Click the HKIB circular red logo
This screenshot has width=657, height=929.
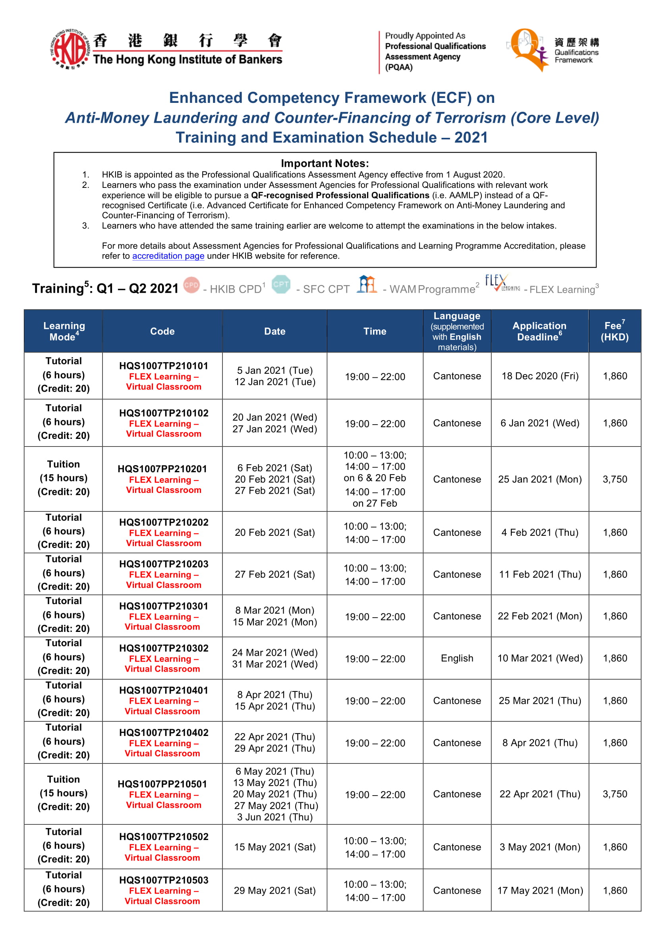69,48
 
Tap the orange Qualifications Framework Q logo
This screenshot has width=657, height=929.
527,48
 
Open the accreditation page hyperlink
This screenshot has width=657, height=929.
168,256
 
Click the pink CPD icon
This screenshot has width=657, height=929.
191,285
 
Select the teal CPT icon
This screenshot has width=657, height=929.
281,284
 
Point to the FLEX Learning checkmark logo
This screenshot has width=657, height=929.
501,283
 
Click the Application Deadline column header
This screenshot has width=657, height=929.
539,331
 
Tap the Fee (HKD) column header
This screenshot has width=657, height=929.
614,331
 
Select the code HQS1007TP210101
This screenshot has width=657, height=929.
163,366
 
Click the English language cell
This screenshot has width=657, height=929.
457,658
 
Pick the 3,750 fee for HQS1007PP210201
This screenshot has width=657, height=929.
614,479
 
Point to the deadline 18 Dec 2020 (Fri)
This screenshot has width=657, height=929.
540,376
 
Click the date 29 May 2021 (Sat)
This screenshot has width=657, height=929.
274,890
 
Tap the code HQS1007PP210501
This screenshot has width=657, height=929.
162,784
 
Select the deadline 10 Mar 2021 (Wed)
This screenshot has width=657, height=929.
540,658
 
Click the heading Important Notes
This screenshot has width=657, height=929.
325,164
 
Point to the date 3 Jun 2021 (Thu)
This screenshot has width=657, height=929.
274,817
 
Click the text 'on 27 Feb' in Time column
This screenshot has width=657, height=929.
375,503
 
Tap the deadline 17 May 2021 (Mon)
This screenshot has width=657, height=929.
540,890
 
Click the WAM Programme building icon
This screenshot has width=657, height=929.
367,284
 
